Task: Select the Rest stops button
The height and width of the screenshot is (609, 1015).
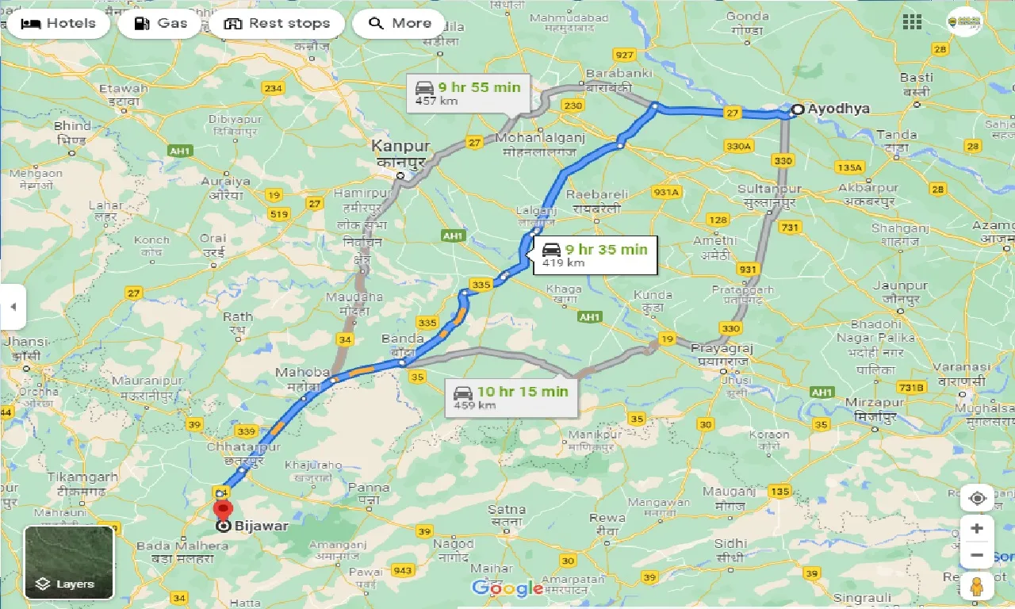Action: (x=277, y=23)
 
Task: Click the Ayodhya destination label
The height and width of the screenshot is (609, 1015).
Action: (x=838, y=109)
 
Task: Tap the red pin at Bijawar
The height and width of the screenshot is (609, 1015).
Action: (x=224, y=508)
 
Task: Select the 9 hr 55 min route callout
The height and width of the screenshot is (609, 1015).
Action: (x=467, y=93)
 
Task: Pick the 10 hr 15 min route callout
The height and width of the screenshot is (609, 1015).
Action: (x=511, y=396)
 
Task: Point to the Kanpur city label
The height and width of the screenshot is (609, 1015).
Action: (x=401, y=147)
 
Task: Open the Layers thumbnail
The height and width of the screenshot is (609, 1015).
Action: (x=69, y=562)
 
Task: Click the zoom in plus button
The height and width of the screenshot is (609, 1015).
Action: (x=977, y=529)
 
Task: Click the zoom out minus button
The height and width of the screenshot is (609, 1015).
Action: (x=977, y=555)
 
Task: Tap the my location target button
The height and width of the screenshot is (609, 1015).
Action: (x=977, y=498)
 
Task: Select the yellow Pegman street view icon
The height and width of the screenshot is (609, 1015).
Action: (x=977, y=588)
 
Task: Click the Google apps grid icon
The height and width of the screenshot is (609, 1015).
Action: (x=912, y=22)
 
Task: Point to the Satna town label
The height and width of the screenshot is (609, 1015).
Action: (x=507, y=509)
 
